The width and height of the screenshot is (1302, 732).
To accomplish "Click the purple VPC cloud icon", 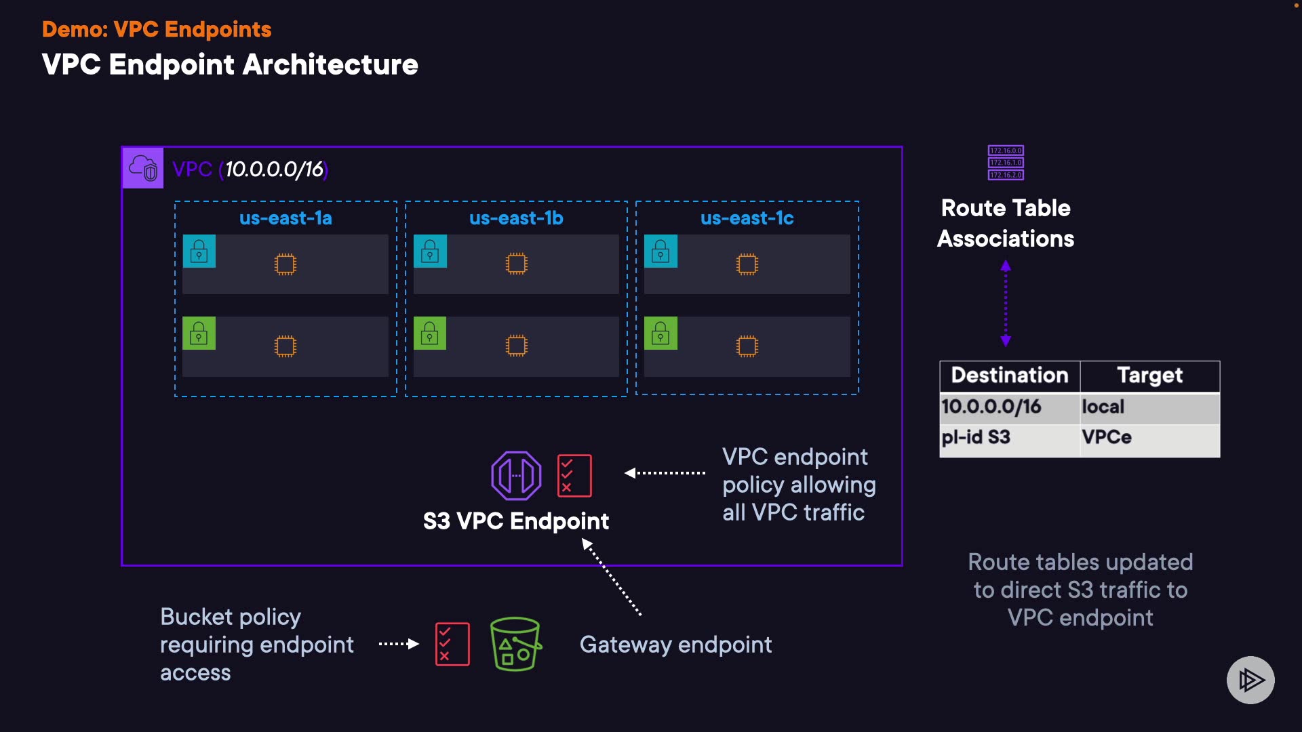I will coord(142,168).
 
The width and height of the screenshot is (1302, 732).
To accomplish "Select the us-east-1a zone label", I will coord(285,218).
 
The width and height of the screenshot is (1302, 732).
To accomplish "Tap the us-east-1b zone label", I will coord(516,218).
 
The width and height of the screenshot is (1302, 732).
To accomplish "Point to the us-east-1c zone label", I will coord(747,218).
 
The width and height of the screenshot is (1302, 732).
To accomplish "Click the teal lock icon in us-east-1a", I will coord(199,251).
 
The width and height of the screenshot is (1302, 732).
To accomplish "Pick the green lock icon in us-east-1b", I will coord(430,333).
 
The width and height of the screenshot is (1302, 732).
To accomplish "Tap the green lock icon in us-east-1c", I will coord(660,333).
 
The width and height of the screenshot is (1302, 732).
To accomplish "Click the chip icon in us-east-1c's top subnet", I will coord(747,264).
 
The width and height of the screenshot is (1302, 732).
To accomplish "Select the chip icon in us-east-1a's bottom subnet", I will coord(285,346).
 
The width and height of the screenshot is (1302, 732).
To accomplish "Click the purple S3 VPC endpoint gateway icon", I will coord(516,475).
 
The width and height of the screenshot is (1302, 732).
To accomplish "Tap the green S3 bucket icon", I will coord(515,644).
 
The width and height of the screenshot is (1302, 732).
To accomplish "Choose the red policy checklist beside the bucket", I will coord(452,644).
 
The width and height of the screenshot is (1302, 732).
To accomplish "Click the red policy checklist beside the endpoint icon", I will coord(574,475).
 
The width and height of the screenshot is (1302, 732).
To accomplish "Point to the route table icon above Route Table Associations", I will coord(1006,163).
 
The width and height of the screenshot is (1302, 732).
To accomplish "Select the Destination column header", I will coord(1010,375).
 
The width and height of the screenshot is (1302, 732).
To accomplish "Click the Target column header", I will coord(1149,375).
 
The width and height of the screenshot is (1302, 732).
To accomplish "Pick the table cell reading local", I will coord(1103,407).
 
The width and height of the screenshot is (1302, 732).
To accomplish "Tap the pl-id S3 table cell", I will coord(976,437).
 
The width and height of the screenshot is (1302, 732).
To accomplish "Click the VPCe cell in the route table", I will coord(1107,437).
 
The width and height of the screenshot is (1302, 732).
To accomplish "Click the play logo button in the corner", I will coord(1250,680).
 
